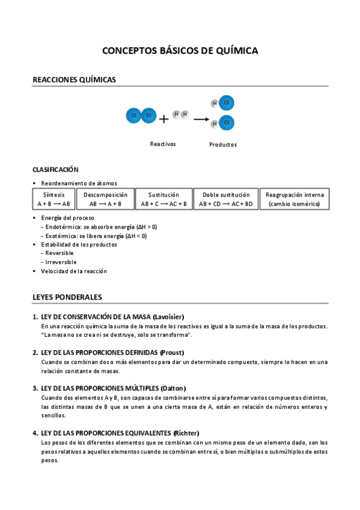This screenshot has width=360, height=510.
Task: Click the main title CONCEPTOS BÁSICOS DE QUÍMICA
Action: click(180, 51)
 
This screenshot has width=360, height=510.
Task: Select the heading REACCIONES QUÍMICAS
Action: click(74, 79)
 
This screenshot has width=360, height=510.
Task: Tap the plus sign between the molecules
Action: click(164, 118)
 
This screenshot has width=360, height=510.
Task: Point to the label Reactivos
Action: click(163, 144)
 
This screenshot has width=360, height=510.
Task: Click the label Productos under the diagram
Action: click(223, 144)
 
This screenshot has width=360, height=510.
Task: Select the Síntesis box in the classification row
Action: click(53, 199)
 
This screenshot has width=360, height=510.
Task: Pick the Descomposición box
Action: click(106, 199)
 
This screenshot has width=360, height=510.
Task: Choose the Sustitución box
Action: click(164, 199)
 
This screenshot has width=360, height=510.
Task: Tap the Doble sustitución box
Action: click(226, 199)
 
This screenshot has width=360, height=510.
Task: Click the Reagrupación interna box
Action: click(294, 199)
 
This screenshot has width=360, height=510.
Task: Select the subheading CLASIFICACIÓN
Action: click(55, 170)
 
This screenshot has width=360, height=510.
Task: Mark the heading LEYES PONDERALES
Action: click(67, 297)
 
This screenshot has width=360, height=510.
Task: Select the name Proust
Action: click(172, 352)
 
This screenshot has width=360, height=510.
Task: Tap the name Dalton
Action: click(174, 388)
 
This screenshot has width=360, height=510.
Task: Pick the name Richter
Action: click(186, 433)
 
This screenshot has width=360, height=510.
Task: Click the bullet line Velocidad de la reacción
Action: click(74, 271)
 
